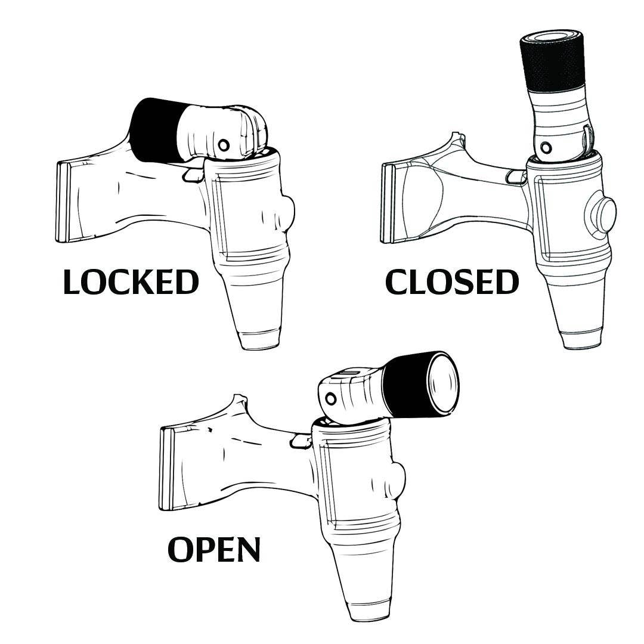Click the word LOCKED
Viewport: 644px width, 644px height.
point(131,283)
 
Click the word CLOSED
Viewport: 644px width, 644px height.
point(452,283)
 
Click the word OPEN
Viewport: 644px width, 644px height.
point(214,549)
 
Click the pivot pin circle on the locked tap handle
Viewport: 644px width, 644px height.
point(224,144)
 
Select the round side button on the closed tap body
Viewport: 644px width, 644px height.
point(600,214)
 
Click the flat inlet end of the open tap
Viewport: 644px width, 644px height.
point(166,469)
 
